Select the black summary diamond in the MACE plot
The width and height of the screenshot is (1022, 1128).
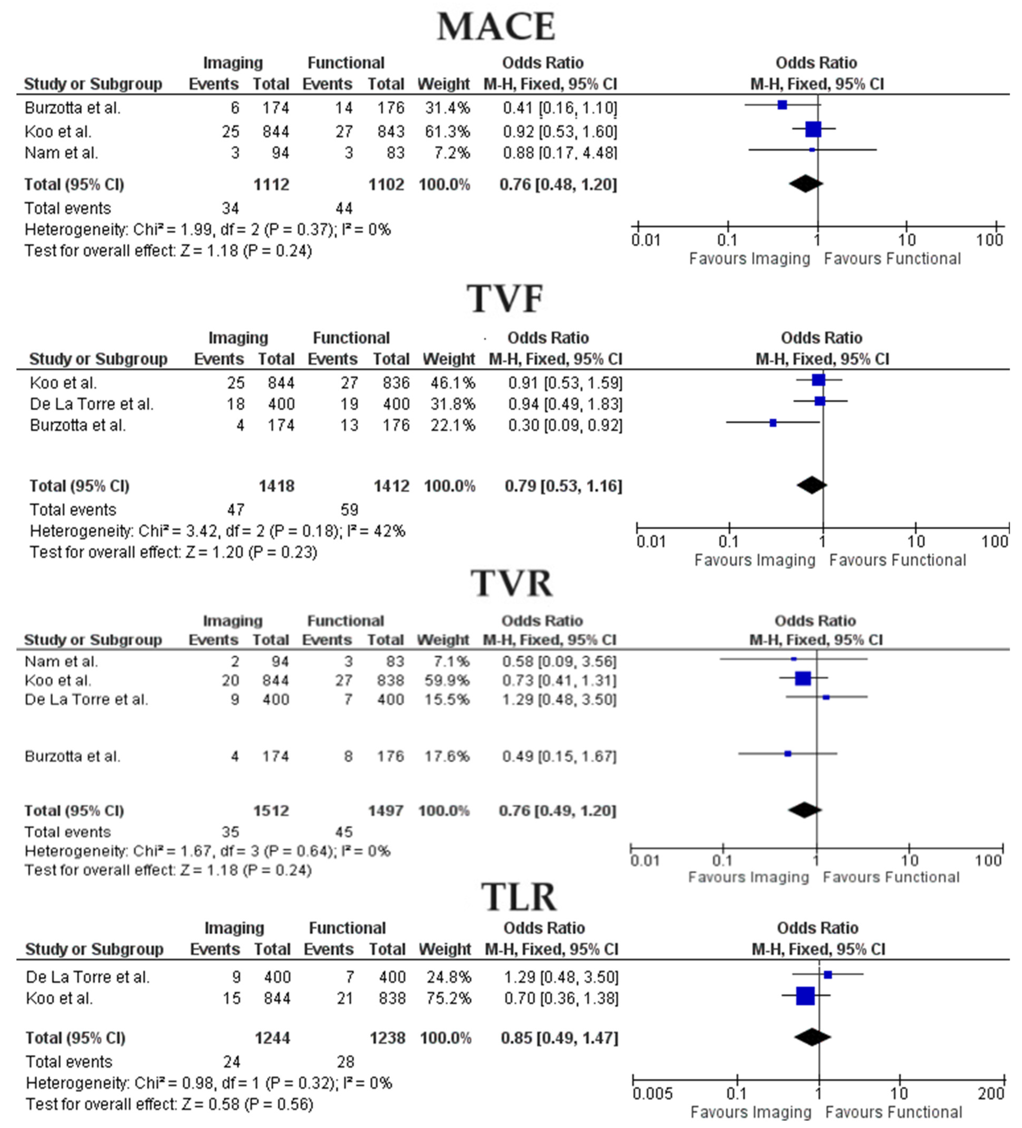pyautogui.click(x=806, y=184)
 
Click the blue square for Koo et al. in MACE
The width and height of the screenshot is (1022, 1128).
pyautogui.click(x=813, y=129)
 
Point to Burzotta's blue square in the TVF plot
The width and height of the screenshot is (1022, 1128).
pyautogui.click(x=773, y=423)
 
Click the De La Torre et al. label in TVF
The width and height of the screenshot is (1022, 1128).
pyautogui.click(x=91, y=404)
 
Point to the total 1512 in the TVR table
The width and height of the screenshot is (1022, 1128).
pyautogui.click(x=271, y=811)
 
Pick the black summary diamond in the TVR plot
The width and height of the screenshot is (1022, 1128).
pyautogui.click(x=805, y=810)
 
